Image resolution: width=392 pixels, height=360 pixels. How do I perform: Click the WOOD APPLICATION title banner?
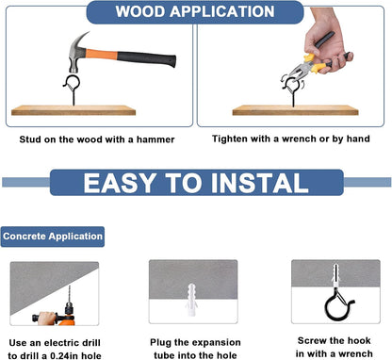pyautogui.click(x=195, y=12)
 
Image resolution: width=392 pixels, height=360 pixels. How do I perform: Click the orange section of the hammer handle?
pyautogui.click(x=101, y=55)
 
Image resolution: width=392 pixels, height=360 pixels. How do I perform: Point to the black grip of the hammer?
pyautogui.click(x=146, y=58)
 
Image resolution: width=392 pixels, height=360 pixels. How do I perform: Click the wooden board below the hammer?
pyautogui.click(x=73, y=110)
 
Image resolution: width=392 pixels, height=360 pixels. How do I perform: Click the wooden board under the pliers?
pyautogui.click(x=295, y=110)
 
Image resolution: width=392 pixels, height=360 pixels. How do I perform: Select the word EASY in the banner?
pyautogui.click(x=120, y=183)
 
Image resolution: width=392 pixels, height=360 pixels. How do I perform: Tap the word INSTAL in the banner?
pyautogui.click(x=259, y=183)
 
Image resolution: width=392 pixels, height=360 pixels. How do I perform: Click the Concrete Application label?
pyautogui.click(x=53, y=237)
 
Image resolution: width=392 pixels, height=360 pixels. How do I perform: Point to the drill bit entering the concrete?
pyautogui.click(x=70, y=294)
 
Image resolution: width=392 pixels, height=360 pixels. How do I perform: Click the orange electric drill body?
pyautogui.click(x=66, y=319)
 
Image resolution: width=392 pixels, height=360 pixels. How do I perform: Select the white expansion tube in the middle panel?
pyautogui.click(x=191, y=300)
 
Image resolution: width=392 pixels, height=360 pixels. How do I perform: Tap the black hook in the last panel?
pyautogui.click(x=337, y=305)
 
